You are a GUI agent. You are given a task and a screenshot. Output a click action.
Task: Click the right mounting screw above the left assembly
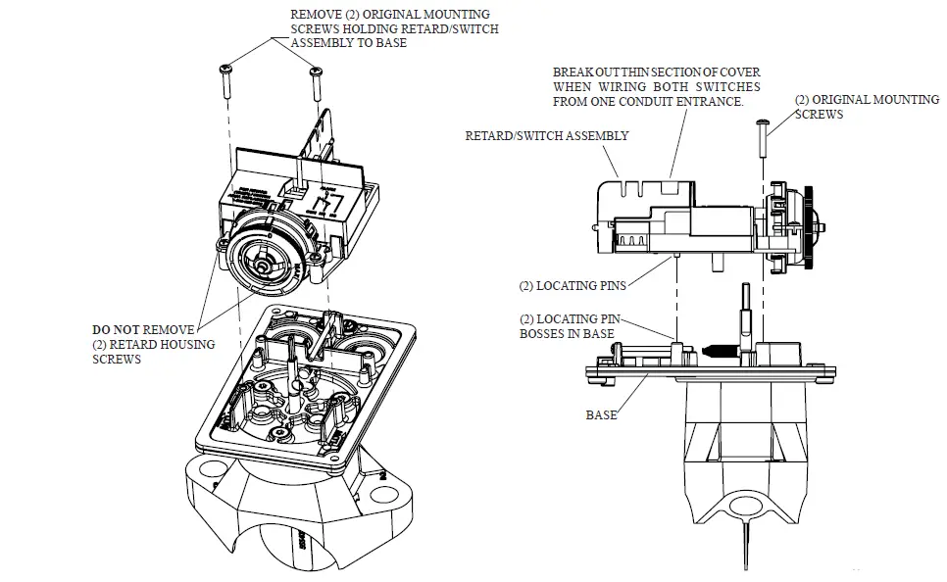click(316, 82)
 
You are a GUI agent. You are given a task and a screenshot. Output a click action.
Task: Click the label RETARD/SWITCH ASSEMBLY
click(546, 135)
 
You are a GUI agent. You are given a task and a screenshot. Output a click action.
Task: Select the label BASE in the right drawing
click(601, 414)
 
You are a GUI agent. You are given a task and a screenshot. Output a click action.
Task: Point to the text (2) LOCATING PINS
click(573, 286)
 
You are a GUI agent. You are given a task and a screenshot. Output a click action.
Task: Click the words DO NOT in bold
click(117, 330)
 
